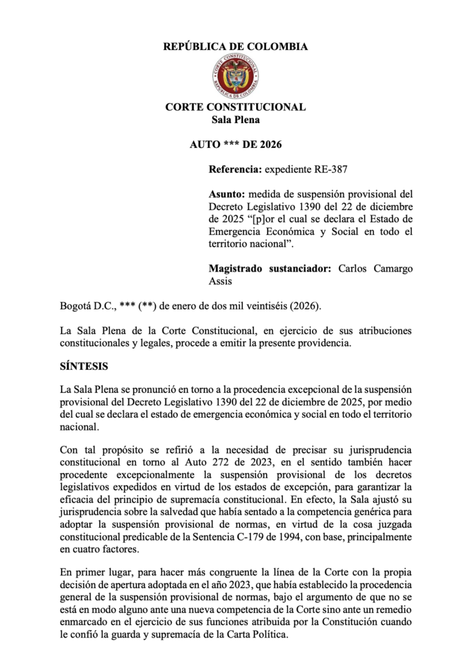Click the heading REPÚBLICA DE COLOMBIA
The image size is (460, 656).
[235, 46]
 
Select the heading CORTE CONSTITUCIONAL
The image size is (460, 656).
[235, 107]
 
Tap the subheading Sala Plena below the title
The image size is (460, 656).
[235, 119]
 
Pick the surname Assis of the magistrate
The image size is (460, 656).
[222, 281]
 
